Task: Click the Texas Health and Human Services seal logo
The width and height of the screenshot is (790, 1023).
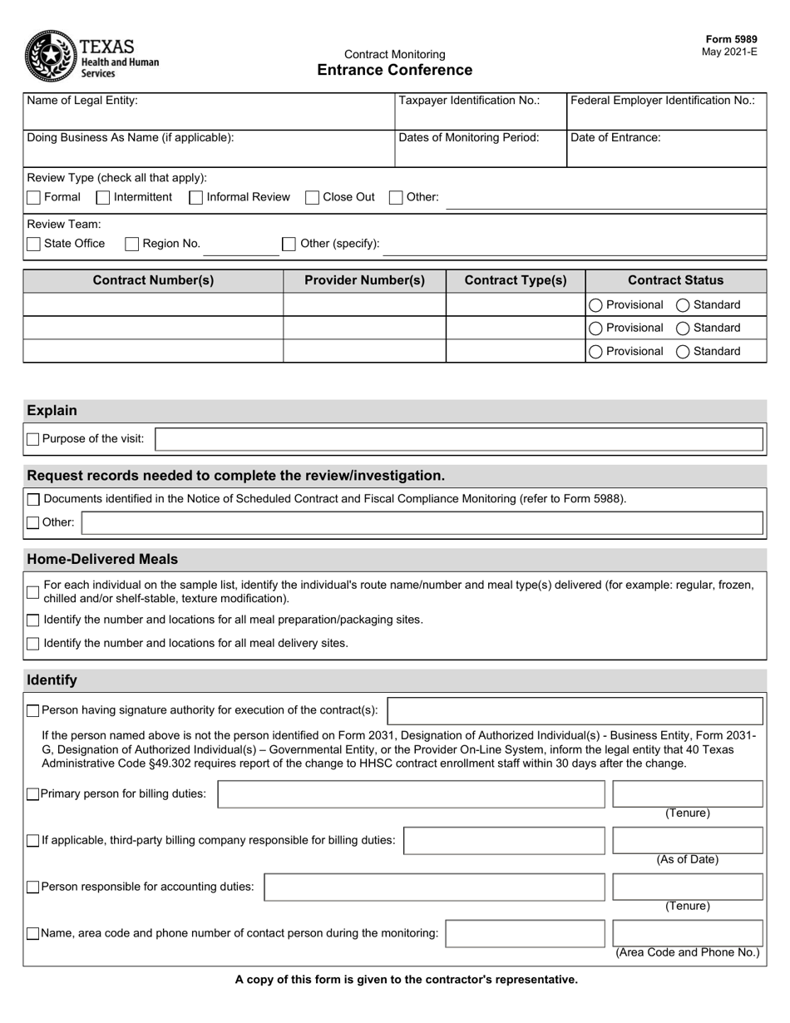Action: [x=51, y=56]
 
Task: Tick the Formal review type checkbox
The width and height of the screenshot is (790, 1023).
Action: [x=33, y=198]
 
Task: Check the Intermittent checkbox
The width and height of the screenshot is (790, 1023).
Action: [x=103, y=198]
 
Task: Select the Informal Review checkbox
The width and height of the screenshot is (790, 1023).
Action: [x=196, y=198]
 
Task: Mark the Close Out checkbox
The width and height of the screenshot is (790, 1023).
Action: [x=313, y=198]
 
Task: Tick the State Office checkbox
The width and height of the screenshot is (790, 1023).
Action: [x=33, y=244]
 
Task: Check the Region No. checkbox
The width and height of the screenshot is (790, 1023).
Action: [x=131, y=244]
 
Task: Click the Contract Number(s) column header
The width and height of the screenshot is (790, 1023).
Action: [x=153, y=280]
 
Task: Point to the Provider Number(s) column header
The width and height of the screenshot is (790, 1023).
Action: [x=364, y=280]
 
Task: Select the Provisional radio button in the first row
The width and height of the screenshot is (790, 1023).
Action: [x=595, y=305]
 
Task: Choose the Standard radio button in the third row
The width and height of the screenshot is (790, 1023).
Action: [x=683, y=352]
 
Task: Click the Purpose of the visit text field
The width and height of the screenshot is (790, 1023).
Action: [x=459, y=439]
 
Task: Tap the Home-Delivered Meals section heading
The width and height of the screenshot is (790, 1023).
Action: [x=102, y=559]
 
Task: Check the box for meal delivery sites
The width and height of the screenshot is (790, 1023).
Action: [x=33, y=643]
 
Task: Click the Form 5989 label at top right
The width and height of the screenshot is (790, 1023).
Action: [x=731, y=39]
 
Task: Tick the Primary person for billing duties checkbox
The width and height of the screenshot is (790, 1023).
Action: [x=33, y=794]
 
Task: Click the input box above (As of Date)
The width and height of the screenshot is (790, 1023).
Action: [x=687, y=841]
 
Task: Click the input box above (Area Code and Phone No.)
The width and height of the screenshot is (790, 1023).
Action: [x=687, y=934]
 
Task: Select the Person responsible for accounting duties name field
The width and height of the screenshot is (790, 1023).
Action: [x=434, y=887]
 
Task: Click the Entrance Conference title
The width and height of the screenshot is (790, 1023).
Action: [x=394, y=71]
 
